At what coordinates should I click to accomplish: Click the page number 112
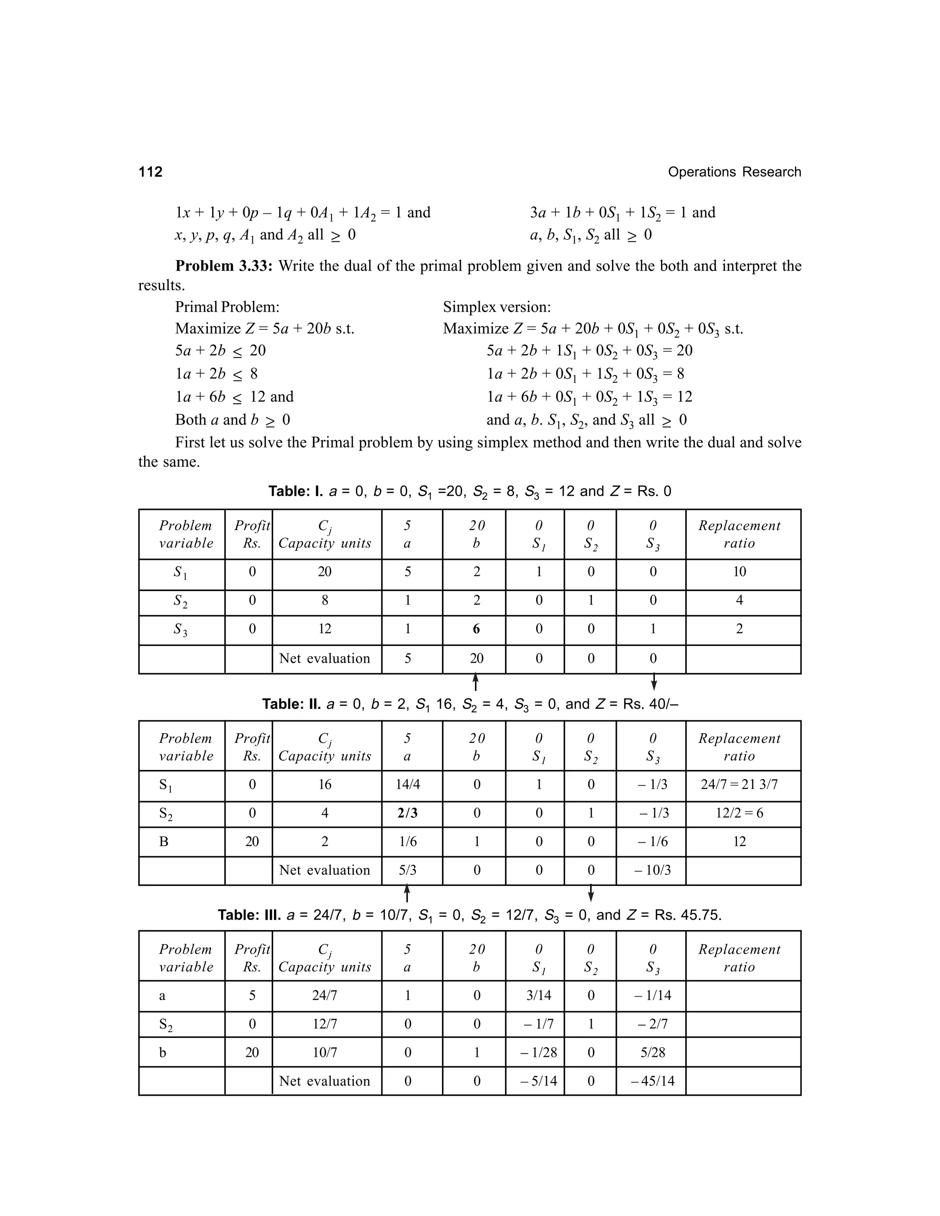pos(151,172)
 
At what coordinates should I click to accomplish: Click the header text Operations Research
pos(734,172)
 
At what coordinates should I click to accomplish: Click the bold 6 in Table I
pos(476,629)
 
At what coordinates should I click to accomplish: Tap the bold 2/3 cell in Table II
pos(408,813)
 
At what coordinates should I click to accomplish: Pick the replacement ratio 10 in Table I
pos(739,572)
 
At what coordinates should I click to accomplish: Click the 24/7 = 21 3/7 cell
pos(739,785)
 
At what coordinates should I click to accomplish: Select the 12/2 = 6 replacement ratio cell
pos(739,813)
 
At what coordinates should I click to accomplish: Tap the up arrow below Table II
pos(407,893)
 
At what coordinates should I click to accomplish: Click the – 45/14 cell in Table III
pos(653,1081)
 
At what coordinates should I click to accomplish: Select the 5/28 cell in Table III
pos(653,1052)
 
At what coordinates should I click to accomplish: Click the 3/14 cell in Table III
pos(538,995)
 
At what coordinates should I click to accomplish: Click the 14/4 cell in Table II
pos(408,785)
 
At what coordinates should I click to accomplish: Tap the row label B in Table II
pos(164,841)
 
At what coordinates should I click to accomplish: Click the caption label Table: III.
pos(249,915)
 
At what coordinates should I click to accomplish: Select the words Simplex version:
pos(497,307)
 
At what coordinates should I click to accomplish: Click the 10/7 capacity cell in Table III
pos(325,1052)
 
